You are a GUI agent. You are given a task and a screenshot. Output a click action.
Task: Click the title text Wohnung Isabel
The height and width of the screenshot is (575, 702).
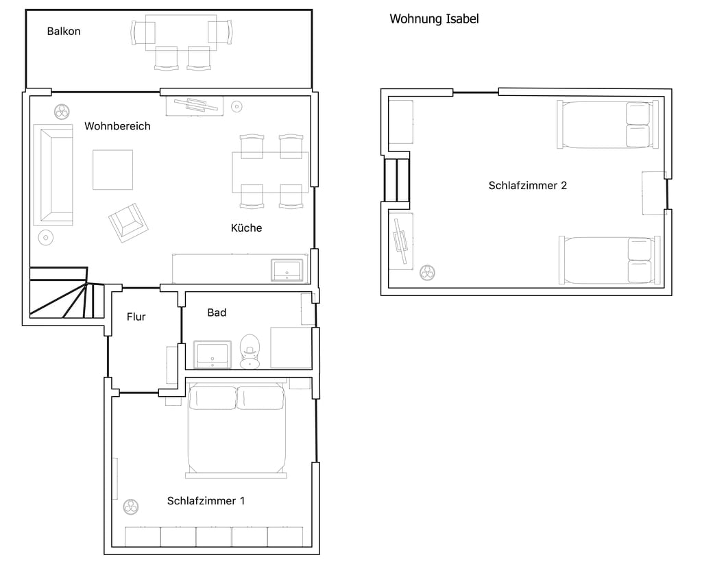(x=434, y=19)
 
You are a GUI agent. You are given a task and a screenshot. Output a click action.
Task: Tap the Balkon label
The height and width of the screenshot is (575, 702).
(x=64, y=32)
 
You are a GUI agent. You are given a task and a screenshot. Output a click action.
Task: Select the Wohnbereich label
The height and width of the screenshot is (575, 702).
(x=117, y=126)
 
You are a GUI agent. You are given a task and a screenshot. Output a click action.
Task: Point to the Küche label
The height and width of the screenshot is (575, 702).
(x=246, y=228)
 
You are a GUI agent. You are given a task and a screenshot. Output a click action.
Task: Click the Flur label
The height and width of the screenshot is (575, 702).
(x=136, y=317)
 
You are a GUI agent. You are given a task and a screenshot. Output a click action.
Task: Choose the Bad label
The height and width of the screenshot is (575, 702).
(x=217, y=313)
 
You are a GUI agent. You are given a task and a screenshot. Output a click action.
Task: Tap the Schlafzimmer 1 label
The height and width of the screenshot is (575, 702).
(x=206, y=501)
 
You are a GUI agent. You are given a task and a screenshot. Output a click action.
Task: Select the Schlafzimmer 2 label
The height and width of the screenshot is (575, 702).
(x=527, y=185)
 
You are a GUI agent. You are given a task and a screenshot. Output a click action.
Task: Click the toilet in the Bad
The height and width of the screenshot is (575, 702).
(x=250, y=352)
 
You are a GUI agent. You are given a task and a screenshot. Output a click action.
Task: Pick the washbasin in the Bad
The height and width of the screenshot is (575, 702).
(x=213, y=355)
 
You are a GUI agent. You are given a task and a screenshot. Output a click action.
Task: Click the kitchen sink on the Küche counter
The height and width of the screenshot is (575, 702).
(x=287, y=270)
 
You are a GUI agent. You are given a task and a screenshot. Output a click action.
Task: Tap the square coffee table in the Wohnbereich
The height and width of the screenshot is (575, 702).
(x=113, y=169)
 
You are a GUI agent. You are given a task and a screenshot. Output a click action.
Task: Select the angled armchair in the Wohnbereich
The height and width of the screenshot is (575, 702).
(x=128, y=223)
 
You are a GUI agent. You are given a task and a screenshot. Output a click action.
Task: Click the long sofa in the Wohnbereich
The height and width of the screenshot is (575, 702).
(x=53, y=175)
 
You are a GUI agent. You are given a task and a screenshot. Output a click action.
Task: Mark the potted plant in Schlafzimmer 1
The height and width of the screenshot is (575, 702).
(x=131, y=507)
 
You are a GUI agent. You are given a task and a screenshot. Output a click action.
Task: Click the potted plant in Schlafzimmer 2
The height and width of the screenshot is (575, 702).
(x=428, y=273)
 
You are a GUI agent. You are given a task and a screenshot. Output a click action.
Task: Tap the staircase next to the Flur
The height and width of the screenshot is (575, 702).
(x=67, y=293)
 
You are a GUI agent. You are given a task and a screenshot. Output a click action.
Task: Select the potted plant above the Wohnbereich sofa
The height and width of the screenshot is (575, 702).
(x=62, y=112)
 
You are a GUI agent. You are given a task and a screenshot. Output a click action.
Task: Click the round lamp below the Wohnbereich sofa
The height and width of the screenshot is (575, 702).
(x=46, y=238)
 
